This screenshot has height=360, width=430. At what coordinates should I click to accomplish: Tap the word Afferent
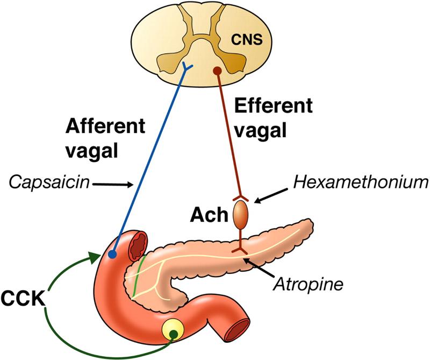(x=105, y=127)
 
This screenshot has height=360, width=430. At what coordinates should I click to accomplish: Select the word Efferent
(x=274, y=105)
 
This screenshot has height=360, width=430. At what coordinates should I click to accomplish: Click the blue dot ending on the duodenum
(x=113, y=255)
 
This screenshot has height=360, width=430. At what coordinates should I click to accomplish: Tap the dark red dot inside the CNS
(x=217, y=70)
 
